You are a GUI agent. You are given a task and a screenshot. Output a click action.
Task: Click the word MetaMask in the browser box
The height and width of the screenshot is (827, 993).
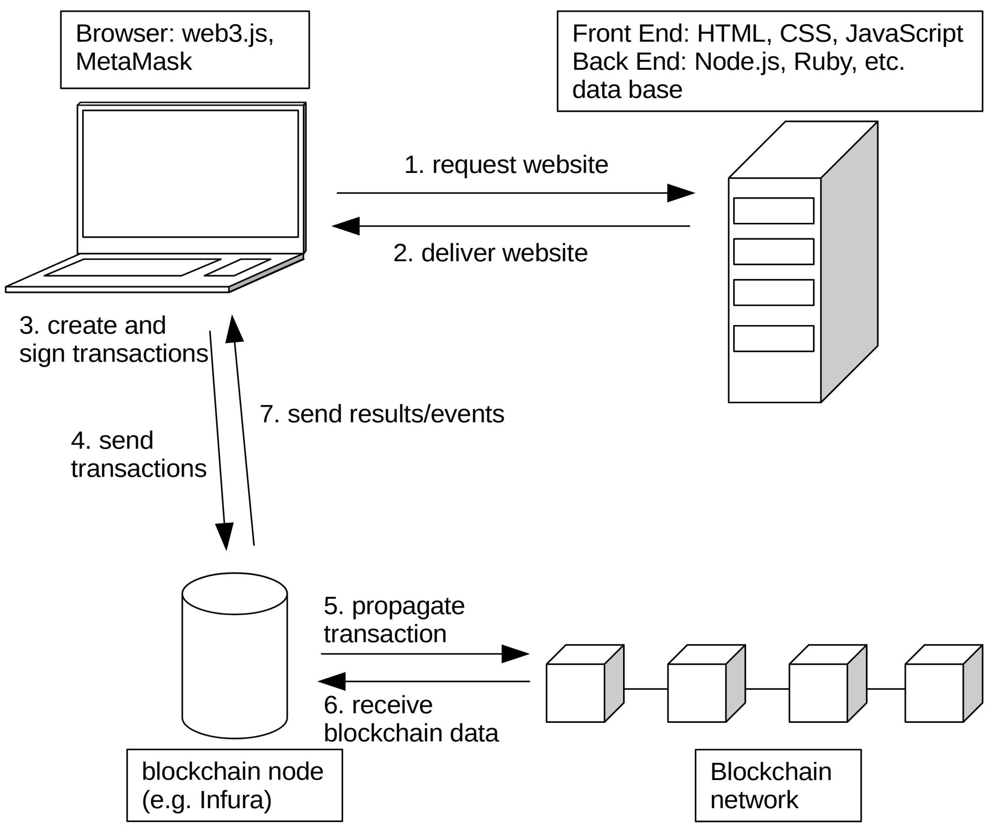(x=134, y=62)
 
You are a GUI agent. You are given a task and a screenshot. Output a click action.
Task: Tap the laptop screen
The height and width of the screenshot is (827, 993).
(x=190, y=173)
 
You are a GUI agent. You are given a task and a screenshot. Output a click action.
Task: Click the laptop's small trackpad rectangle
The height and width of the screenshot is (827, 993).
(x=237, y=267)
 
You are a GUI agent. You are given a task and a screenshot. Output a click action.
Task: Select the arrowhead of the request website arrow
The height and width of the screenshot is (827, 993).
(x=680, y=193)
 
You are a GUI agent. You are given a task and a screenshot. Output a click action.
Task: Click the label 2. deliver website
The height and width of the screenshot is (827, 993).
(x=490, y=253)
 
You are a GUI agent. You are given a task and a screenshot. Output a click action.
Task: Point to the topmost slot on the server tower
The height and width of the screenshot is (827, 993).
(x=773, y=211)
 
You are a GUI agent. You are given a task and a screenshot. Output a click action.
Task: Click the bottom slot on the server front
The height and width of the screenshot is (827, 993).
(x=773, y=338)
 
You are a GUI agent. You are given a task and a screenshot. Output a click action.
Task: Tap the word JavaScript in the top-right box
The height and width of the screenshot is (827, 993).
(x=904, y=34)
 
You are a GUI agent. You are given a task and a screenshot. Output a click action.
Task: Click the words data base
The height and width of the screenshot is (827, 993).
(x=627, y=90)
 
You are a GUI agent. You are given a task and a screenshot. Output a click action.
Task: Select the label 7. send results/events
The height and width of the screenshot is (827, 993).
(x=382, y=414)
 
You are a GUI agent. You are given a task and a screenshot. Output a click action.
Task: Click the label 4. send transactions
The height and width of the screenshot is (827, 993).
(x=138, y=454)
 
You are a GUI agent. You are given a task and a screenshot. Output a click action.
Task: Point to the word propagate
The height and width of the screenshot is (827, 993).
(x=408, y=606)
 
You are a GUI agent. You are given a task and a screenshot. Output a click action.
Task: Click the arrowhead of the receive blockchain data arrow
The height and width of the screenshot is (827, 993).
(x=332, y=681)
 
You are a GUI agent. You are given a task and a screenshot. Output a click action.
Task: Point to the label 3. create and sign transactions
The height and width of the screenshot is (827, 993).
(x=113, y=339)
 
